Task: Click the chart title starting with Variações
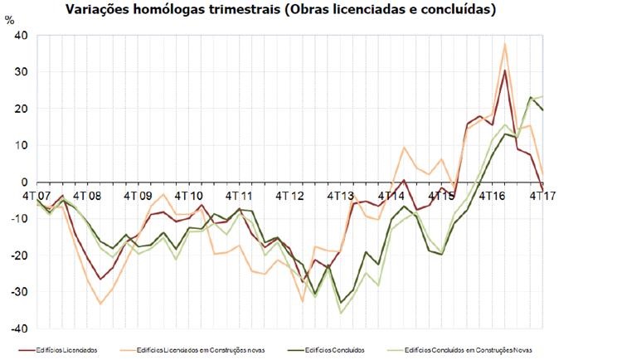[311, 11]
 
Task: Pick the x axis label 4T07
[36, 197]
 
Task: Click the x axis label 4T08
[87, 197]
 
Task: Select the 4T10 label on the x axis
[188, 197]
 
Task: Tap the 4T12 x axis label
[289, 197]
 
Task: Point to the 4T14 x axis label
[391, 197]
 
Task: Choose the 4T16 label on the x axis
[492, 197]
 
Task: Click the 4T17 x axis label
[542, 197]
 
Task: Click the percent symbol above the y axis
[10, 21]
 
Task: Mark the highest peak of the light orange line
[505, 43]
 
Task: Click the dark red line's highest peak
[505, 71]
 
